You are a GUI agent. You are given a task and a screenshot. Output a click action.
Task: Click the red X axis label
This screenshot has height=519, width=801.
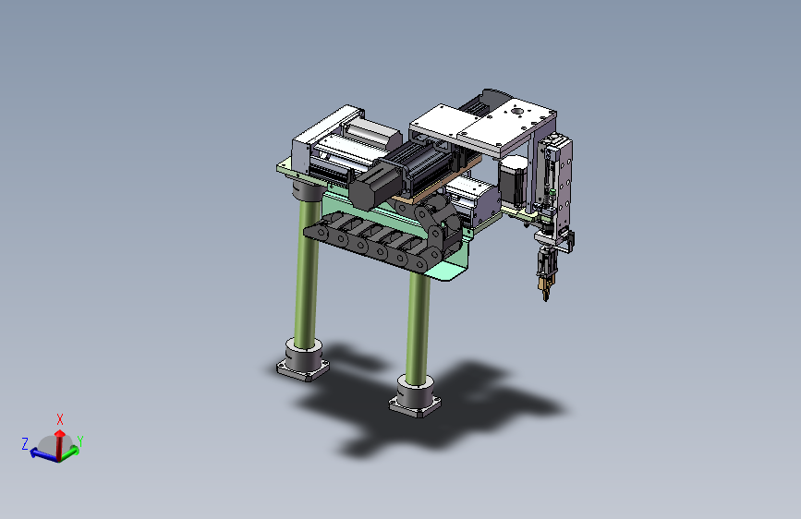pos(60,419)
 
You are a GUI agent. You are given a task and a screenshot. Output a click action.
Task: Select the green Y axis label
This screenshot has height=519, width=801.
pos(79,441)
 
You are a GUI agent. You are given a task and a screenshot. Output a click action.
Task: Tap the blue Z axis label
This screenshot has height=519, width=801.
pos(25,443)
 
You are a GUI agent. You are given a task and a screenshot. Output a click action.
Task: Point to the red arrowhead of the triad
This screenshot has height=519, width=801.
pos(60,434)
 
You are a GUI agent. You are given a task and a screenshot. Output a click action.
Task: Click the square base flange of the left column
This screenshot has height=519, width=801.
pos(302,368)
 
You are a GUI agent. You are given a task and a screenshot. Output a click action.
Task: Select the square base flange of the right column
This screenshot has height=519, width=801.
pos(415,404)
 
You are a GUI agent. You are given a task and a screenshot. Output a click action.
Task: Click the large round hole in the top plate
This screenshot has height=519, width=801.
pos(517,111)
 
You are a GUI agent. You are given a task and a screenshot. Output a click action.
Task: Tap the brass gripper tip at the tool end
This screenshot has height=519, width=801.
pos(544,289)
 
